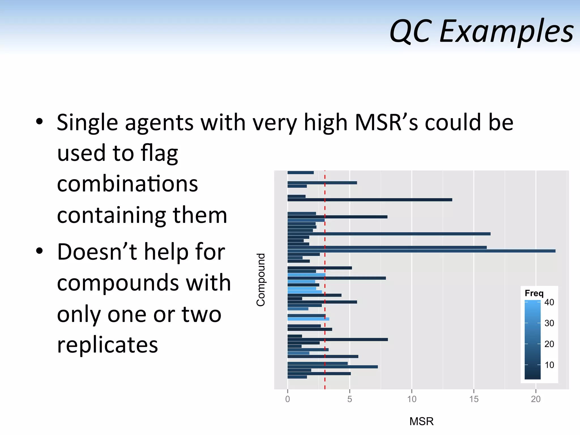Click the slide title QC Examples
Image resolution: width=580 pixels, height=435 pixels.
tap(481, 31)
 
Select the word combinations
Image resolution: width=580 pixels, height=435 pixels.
tap(127, 184)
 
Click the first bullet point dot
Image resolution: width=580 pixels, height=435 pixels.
tap(39, 122)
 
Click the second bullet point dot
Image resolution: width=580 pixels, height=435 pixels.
tap(39, 251)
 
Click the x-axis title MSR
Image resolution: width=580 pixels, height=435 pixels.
tap(421, 421)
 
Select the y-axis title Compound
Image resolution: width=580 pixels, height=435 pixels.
tap(261, 280)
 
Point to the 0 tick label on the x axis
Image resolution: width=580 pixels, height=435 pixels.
tap(287, 399)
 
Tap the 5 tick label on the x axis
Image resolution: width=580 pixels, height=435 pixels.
tap(349, 399)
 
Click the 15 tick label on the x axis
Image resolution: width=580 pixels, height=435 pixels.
tap(474, 399)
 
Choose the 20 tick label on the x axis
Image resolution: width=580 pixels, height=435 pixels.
tap(536, 399)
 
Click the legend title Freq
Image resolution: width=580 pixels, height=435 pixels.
tap(534, 293)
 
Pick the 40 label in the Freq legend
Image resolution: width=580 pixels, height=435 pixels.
tap(549, 302)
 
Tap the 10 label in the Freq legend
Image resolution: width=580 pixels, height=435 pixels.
tap(549, 365)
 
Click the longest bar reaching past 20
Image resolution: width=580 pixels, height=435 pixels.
tap(425, 251)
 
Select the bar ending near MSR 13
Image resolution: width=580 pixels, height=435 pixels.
tap(368, 200)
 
